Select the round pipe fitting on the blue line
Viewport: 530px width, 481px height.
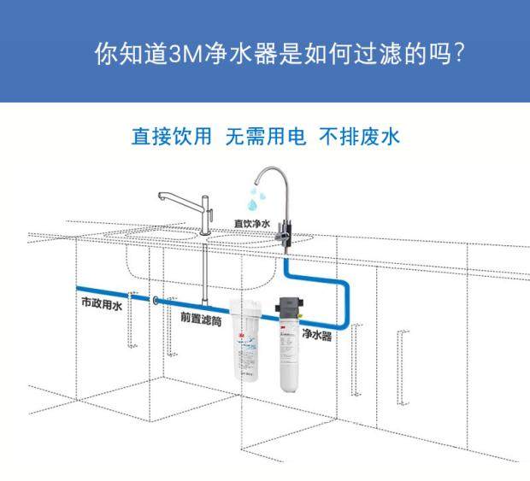click(x=155, y=301)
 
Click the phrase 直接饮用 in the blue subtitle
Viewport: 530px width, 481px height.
click(x=170, y=138)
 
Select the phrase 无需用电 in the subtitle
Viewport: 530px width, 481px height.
click(x=265, y=138)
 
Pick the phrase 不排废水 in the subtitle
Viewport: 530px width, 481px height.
click(x=359, y=138)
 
